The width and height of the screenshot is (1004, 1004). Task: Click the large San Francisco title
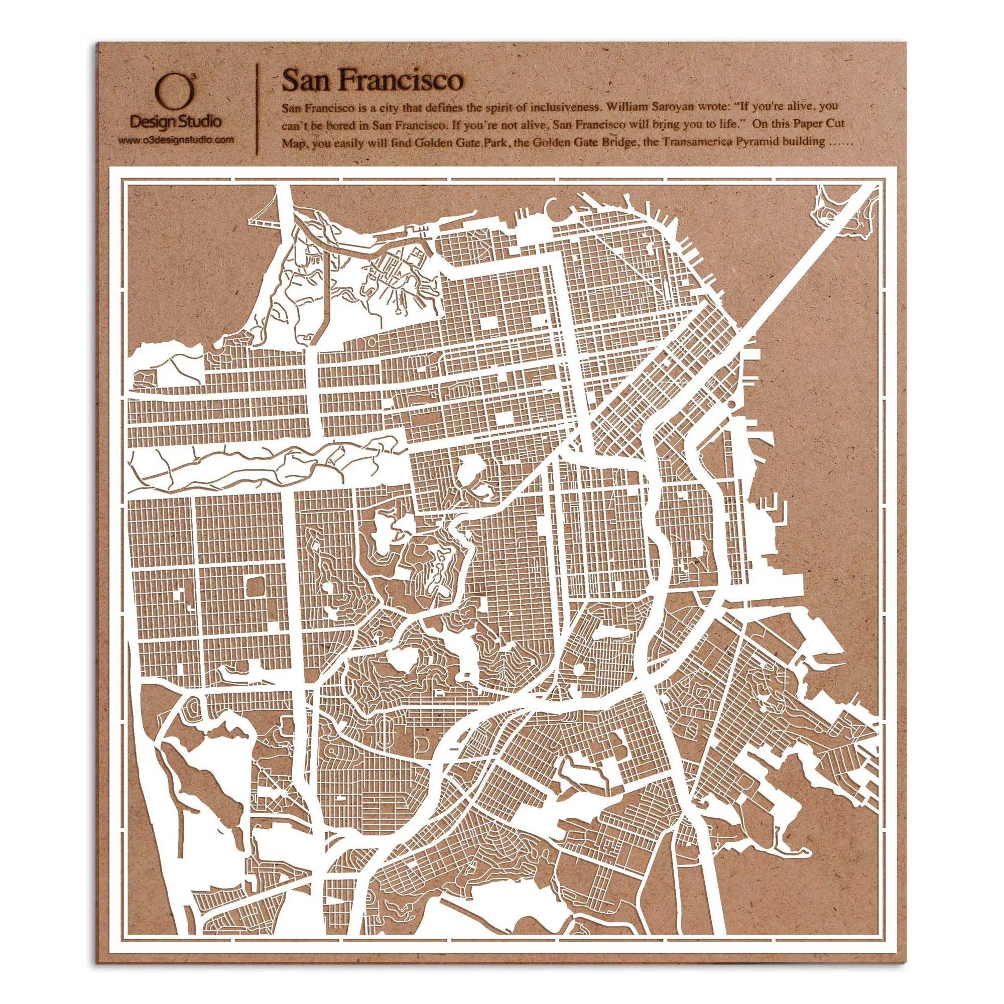[371, 80]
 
